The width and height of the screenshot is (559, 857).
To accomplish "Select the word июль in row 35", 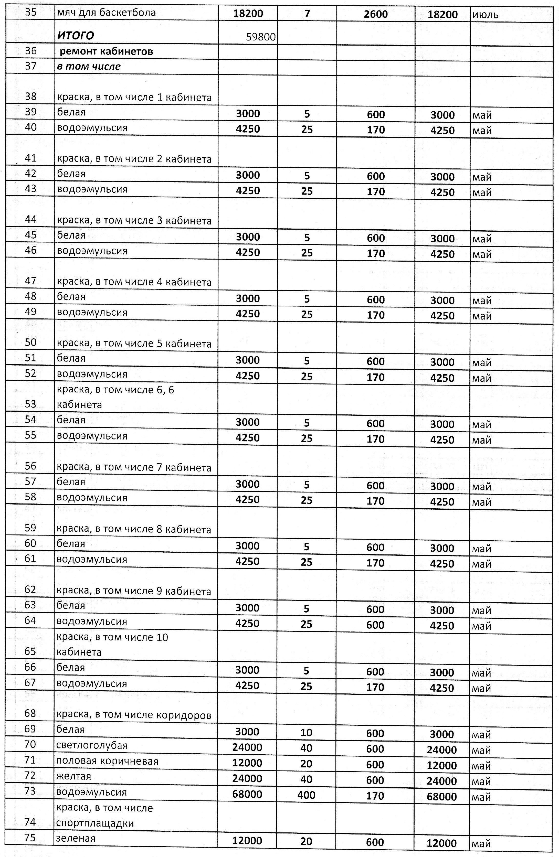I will (x=485, y=15).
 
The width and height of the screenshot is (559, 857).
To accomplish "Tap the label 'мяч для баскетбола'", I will (x=106, y=13).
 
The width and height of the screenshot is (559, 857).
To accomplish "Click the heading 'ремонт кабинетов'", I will (x=106, y=51).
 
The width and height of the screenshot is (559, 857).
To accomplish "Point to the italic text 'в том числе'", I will (x=89, y=67).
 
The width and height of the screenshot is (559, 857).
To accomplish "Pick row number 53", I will (x=31, y=404).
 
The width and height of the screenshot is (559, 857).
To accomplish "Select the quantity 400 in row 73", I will (x=307, y=795).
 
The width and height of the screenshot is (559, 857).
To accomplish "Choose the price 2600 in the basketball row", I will (x=376, y=14).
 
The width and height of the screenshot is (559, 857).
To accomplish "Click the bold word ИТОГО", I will (x=75, y=35).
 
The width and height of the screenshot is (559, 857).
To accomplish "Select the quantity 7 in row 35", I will (x=307, y=14).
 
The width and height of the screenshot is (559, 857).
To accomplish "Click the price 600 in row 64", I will (x=375, y=625).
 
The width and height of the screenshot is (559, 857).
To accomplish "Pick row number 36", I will (x=31, y=51).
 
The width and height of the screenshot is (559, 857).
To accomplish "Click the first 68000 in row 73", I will (x=247, y=794).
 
